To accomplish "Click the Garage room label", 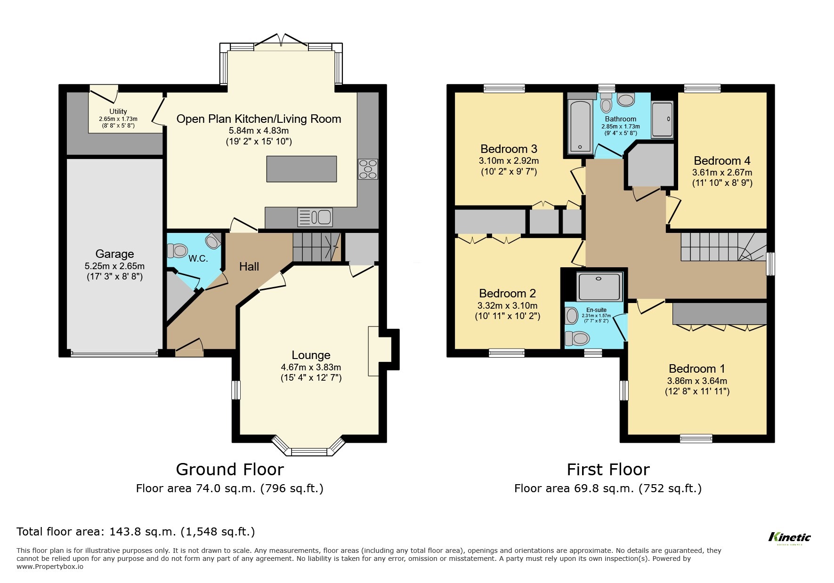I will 114,254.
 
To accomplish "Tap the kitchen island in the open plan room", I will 301,169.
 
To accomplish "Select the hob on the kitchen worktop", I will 368,169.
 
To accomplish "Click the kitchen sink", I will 315,217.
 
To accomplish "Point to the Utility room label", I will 118,112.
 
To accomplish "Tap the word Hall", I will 249,267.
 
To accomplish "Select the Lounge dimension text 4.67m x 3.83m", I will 311,367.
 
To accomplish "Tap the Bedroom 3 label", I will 509,149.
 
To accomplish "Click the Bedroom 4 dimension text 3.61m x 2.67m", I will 721,173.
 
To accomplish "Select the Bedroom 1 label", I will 696,368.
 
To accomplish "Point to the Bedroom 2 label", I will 507,294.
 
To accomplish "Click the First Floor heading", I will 607,469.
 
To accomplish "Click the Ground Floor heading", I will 230,469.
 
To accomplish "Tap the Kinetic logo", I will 789,537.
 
